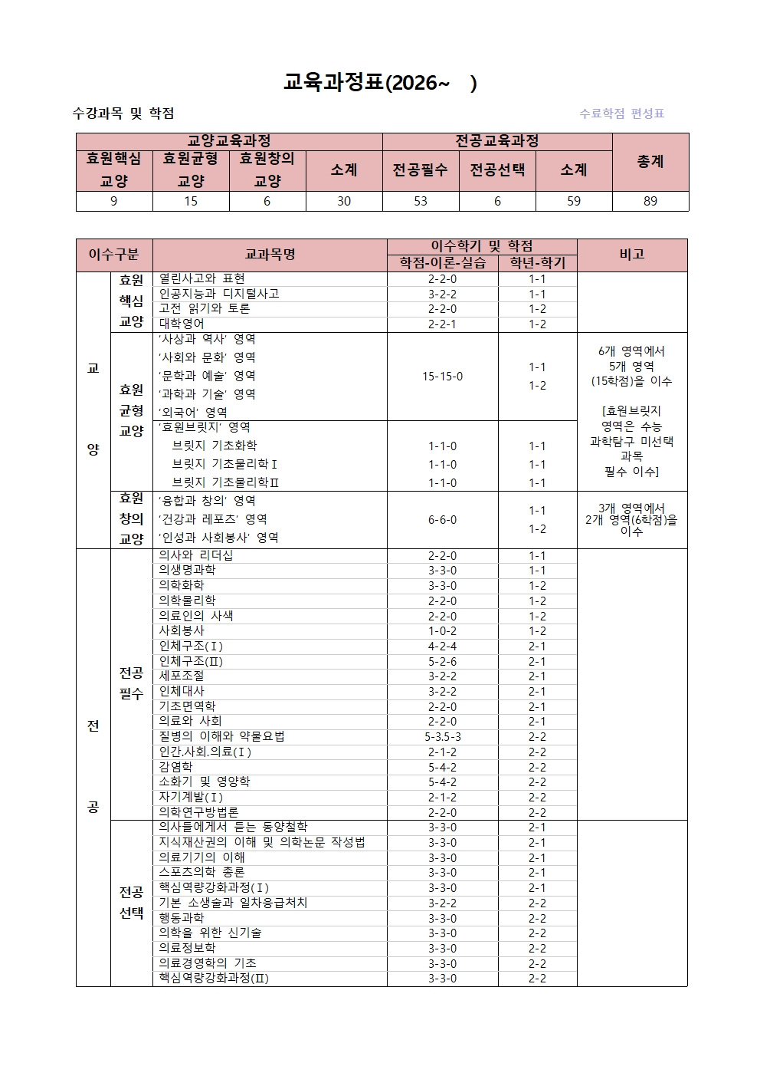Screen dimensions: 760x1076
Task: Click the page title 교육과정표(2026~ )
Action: click(380, 83)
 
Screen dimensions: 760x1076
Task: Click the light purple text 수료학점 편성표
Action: click(621, 114)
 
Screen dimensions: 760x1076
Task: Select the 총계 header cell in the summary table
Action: click(650, 162)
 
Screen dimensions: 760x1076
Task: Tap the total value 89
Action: click(650, 201)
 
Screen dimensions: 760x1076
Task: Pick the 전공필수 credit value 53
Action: click(420, 201)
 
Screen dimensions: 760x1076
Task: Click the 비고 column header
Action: click(631, 255)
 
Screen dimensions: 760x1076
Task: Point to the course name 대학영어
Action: click(182, 324)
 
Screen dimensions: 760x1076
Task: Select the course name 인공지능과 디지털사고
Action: click(218, 294)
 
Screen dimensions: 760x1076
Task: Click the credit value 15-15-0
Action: click(442, 377)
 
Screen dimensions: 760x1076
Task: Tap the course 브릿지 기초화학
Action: click(215, 446)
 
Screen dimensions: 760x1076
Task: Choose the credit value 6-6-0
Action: click(442, 520)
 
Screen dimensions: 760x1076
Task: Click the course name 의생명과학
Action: click(187, 570)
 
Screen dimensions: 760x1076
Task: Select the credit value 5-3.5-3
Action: click(442, 737)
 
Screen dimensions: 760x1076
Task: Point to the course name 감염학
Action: click(175, 767)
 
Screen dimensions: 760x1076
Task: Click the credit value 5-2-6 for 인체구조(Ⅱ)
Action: click(442, 661)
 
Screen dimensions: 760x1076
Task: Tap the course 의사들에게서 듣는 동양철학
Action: click(233, 827)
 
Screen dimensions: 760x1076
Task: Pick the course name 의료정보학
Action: click(187, 948)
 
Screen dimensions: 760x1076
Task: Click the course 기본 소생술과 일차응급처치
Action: click(233, 903)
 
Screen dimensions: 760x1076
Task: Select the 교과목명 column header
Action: click(270, 255)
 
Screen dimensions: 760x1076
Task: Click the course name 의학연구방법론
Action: click(198, 812)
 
